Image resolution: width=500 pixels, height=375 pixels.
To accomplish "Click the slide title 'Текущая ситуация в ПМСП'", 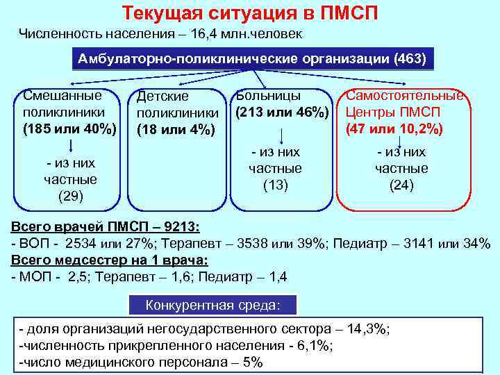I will (x=250, y=13).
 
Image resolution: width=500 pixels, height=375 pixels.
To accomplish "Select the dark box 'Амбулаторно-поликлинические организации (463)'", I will (x=251, y=58).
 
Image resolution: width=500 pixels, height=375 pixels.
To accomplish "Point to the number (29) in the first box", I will (x=71, y=197).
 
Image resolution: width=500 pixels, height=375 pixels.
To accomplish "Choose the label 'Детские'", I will (x=163, y=97).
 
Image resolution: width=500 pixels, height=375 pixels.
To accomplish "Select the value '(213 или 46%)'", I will (x=281, y=111).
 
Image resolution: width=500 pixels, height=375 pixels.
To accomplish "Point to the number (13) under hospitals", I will (x=276, y=185).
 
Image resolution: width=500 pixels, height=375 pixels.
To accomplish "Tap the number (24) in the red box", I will (x=401, y=185).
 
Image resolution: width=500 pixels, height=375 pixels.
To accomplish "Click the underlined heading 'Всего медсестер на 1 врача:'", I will (x=110, y=260).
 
